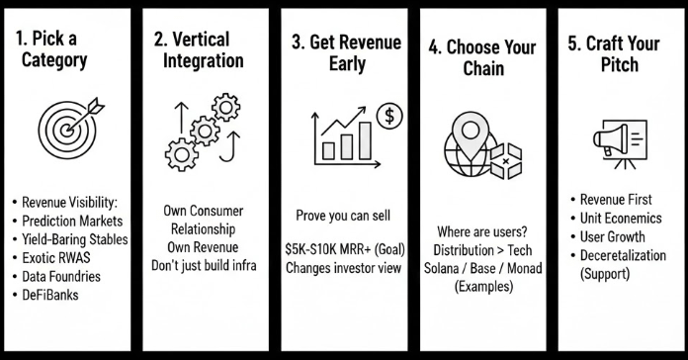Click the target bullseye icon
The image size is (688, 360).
click(x=67, y=130)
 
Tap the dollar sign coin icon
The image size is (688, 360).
click(x=389, y=116)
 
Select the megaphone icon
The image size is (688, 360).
click(x=611, y=138)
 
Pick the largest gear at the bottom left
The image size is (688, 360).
click(x=181, y=154)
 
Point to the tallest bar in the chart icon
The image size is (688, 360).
click(x=365, y=140)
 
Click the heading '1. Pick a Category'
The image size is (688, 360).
click(x=50, y=49)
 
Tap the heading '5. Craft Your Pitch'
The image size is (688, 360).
click(x=614, y=53)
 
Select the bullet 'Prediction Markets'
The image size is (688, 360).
click(x=72, y=221)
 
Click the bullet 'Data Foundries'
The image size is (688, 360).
click(x=61, y=276)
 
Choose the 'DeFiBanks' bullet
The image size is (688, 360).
click(x=50, y=295)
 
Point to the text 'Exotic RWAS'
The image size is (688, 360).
click(x=56, y=258)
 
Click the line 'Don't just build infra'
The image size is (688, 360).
click(x=204, y=265)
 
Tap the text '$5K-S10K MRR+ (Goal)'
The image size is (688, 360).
click(x=345, y=249)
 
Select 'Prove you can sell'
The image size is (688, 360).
click(x=343, y=216)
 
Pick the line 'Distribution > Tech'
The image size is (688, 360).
click(x=482, y=250)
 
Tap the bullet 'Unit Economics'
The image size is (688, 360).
click(x=621, y=219)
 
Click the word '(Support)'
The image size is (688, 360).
click(x=605, y=274)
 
